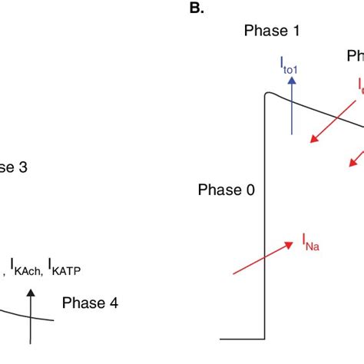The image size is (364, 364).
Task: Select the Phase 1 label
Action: point(271,31)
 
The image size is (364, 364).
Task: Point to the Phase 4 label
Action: point(90,303)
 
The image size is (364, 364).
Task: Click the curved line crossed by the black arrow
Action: point(15,313)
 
